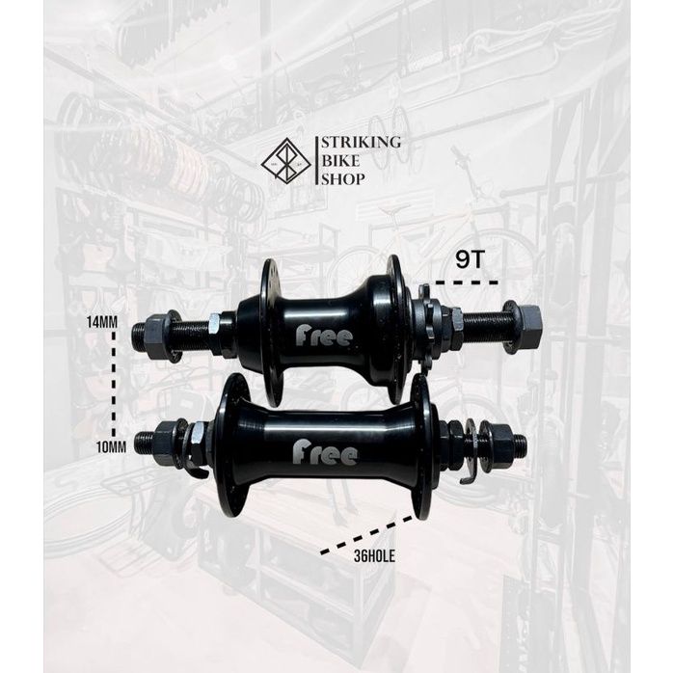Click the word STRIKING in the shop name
click(x=362, y=143)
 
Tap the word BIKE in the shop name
click(x=340, y=161)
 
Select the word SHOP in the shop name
click(x=343, y=179)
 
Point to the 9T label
click(x=470, y=260)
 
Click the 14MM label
click(x=102, y=322)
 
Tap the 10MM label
click(x=111, y=447)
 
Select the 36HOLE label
click(x=374, y=556)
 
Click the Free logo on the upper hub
click(x=324, y=336)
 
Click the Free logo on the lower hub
click(x=325, y=454)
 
